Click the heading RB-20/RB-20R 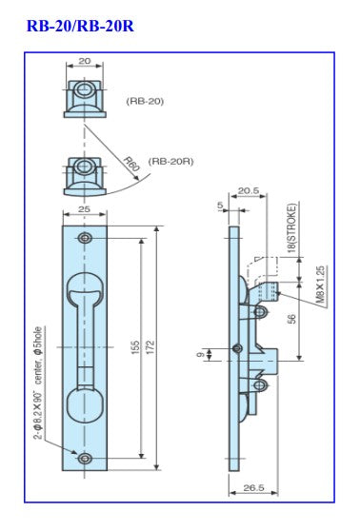click(x=68, y=26)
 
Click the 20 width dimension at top click(x=86, y=60)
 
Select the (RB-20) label click(x=144, y=100)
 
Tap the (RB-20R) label click(x=170, y=162)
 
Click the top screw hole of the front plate click(x=86, y=236)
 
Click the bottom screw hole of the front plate click(x=86, y=460)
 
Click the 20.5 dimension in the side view click(x=250, y=190)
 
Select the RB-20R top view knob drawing click(x=86, y=172)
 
